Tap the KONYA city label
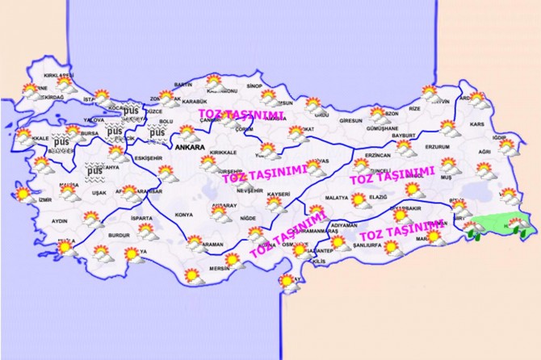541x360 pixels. tap(183, 215)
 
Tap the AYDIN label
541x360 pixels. tap(59, 220)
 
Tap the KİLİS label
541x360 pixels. tap(319, 262)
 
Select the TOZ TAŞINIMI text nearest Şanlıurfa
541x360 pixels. tap(401, 231)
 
